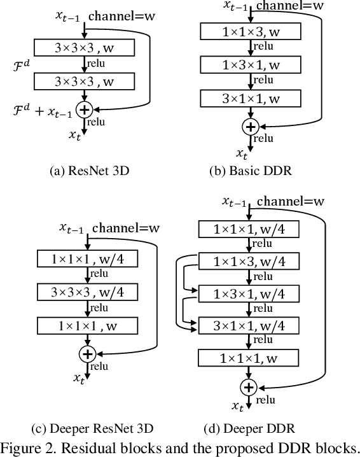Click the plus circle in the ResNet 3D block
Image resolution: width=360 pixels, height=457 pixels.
coord(84,110)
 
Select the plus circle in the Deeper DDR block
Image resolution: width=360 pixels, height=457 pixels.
coord(249,386)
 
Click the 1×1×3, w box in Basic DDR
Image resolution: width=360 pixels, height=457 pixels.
coord(249,31)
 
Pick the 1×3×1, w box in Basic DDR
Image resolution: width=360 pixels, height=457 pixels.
coord(249,64)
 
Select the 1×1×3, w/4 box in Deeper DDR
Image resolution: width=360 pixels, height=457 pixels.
coord(249,262)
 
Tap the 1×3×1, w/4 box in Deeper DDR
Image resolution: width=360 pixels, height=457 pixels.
coord(249,294)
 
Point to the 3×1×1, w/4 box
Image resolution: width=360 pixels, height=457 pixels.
coord(249,326)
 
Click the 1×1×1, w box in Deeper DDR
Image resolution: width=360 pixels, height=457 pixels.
coord(249,358)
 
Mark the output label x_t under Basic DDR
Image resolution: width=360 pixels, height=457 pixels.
coord(242,153)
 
